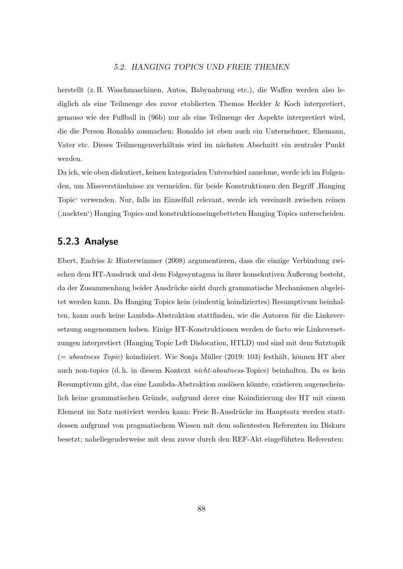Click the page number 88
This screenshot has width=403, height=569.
click(x=201, y=509)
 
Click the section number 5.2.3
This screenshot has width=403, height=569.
click(x=69, y=241)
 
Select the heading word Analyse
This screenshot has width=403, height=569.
click(x=101, y=241)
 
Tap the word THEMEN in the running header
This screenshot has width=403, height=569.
click(x=272, y=67)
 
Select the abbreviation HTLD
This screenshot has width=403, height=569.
click(x=241, y=343)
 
